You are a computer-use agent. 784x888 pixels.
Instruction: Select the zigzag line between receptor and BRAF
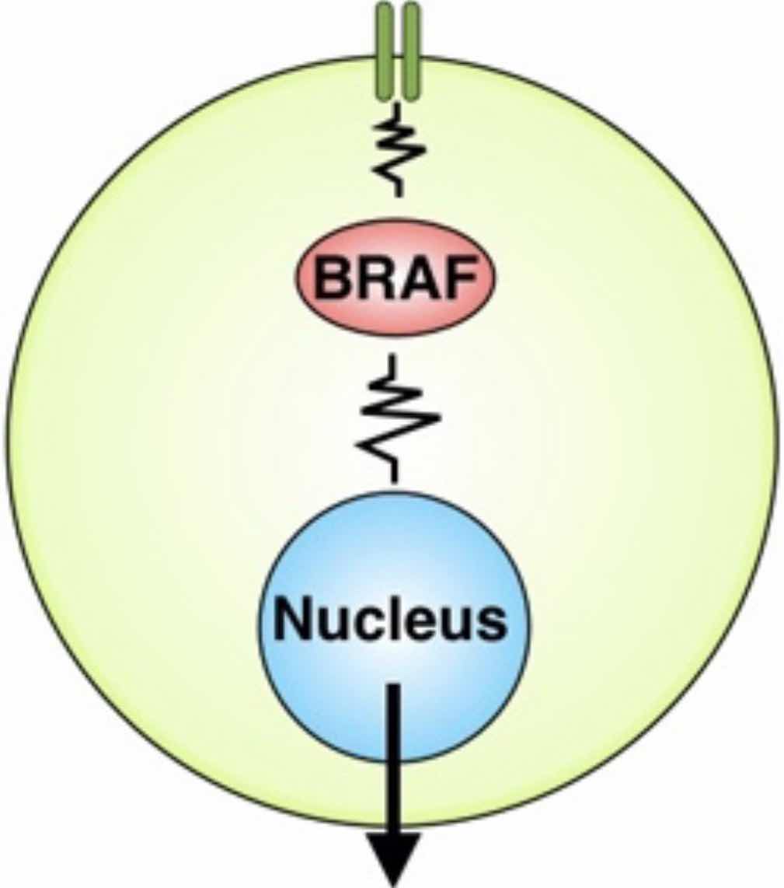pos(399,149)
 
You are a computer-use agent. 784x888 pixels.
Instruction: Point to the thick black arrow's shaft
pos(395,759)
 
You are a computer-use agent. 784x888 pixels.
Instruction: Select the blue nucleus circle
pos(395,627)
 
